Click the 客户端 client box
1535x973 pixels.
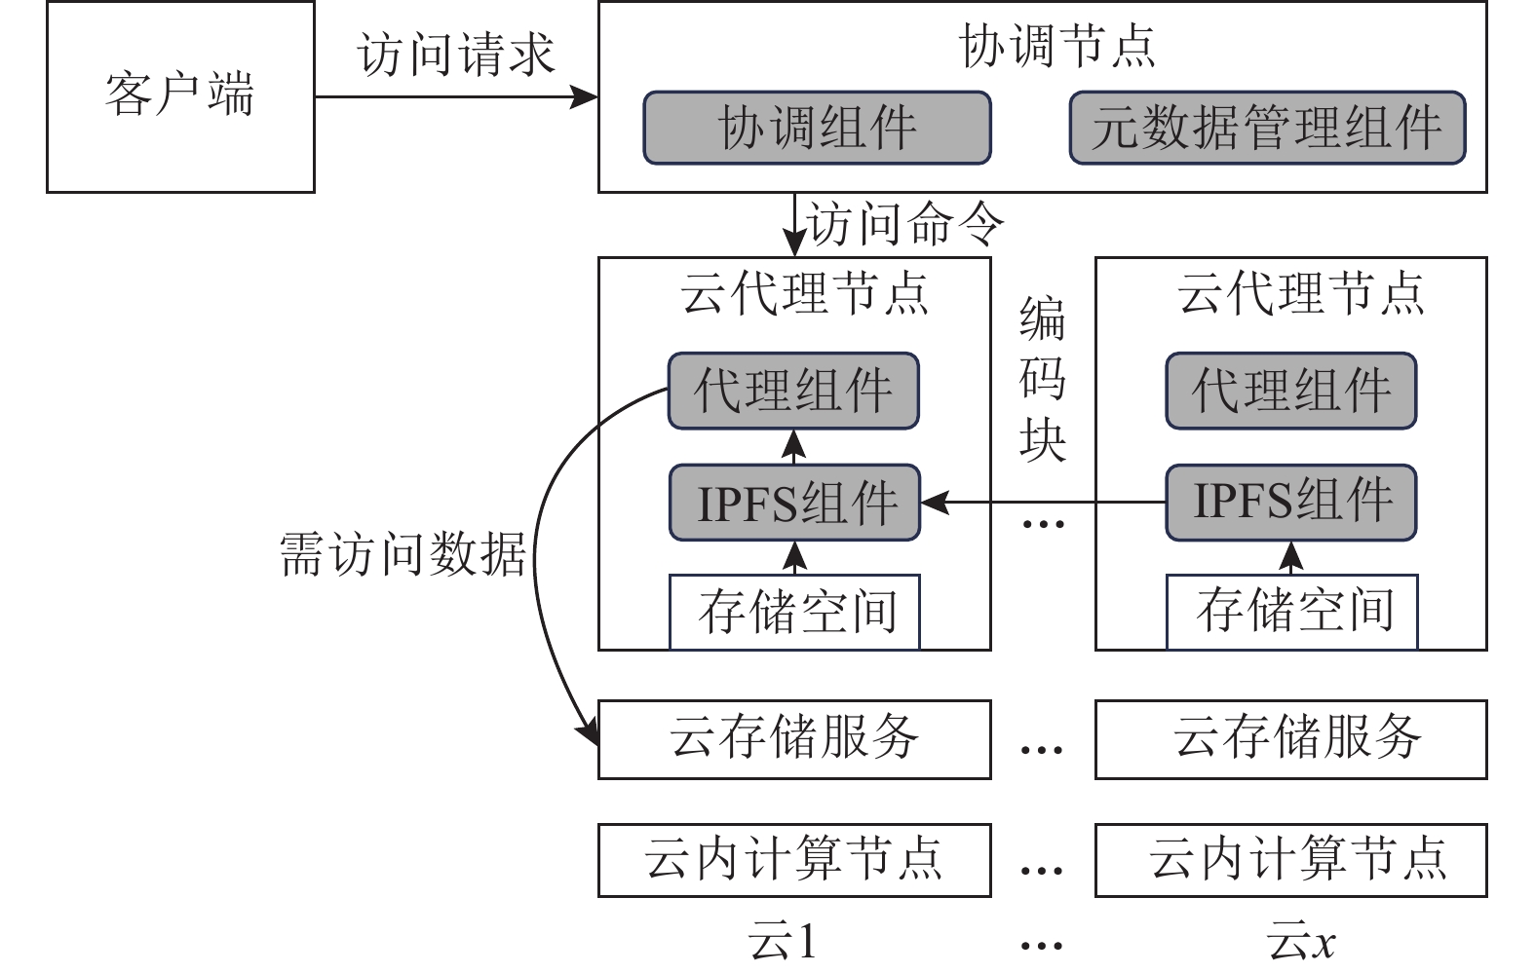click(180, 96)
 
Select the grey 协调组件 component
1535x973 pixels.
click(817, 128)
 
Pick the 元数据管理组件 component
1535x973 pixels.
click(1267, 128)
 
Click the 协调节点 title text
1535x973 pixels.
click(1057, 46)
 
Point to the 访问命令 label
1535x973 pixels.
click(904, 225)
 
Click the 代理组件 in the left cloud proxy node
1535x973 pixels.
click(793, 391)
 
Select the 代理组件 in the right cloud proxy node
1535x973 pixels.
click(1290, 391)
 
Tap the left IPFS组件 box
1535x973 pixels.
click(794, 503)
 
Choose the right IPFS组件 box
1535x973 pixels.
click(1290, 503)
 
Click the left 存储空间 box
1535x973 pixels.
click(794, 612)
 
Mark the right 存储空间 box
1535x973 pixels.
click(1291, 612)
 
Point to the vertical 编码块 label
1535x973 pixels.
click(1042, 380)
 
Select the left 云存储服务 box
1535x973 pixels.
click(794, 738)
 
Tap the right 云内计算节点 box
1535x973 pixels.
click(1291, 860)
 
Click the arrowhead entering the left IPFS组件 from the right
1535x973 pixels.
click(934, 503)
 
